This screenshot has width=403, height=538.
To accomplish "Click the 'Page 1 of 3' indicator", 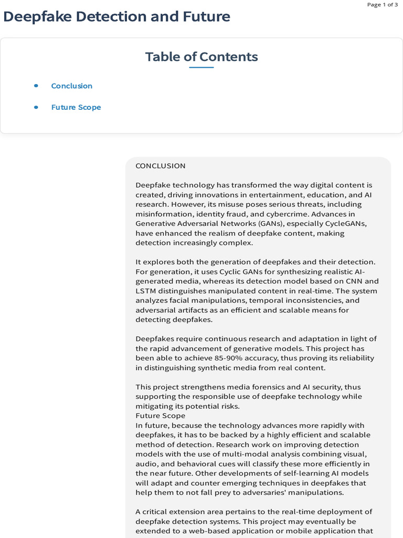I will coord(382,5).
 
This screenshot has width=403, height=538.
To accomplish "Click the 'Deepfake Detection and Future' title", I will coord(116,17).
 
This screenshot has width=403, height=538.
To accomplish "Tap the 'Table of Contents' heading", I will coord(201,57).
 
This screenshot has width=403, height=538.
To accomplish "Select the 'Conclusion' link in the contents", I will coord(72,86).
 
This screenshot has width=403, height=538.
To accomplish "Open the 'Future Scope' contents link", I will coord(76,107).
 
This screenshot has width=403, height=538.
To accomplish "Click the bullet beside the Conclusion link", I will coord(36,86).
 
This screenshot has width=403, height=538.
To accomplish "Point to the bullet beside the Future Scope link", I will coord(36,107).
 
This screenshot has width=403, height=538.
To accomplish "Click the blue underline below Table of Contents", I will coord(201,68).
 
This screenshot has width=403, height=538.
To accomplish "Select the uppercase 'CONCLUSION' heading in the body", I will coord(161,166).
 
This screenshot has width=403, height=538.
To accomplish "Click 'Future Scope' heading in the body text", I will coord(161,416).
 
